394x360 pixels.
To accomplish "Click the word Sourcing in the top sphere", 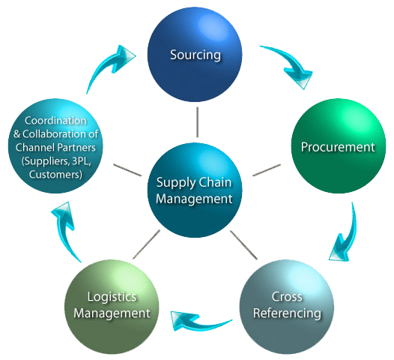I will coord(196,55).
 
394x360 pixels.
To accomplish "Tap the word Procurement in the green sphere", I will coord(337,147).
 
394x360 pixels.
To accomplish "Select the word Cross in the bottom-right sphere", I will coord(286,297).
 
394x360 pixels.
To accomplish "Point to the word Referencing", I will coord(286,312).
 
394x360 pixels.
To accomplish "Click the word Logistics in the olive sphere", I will coord(112,297).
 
